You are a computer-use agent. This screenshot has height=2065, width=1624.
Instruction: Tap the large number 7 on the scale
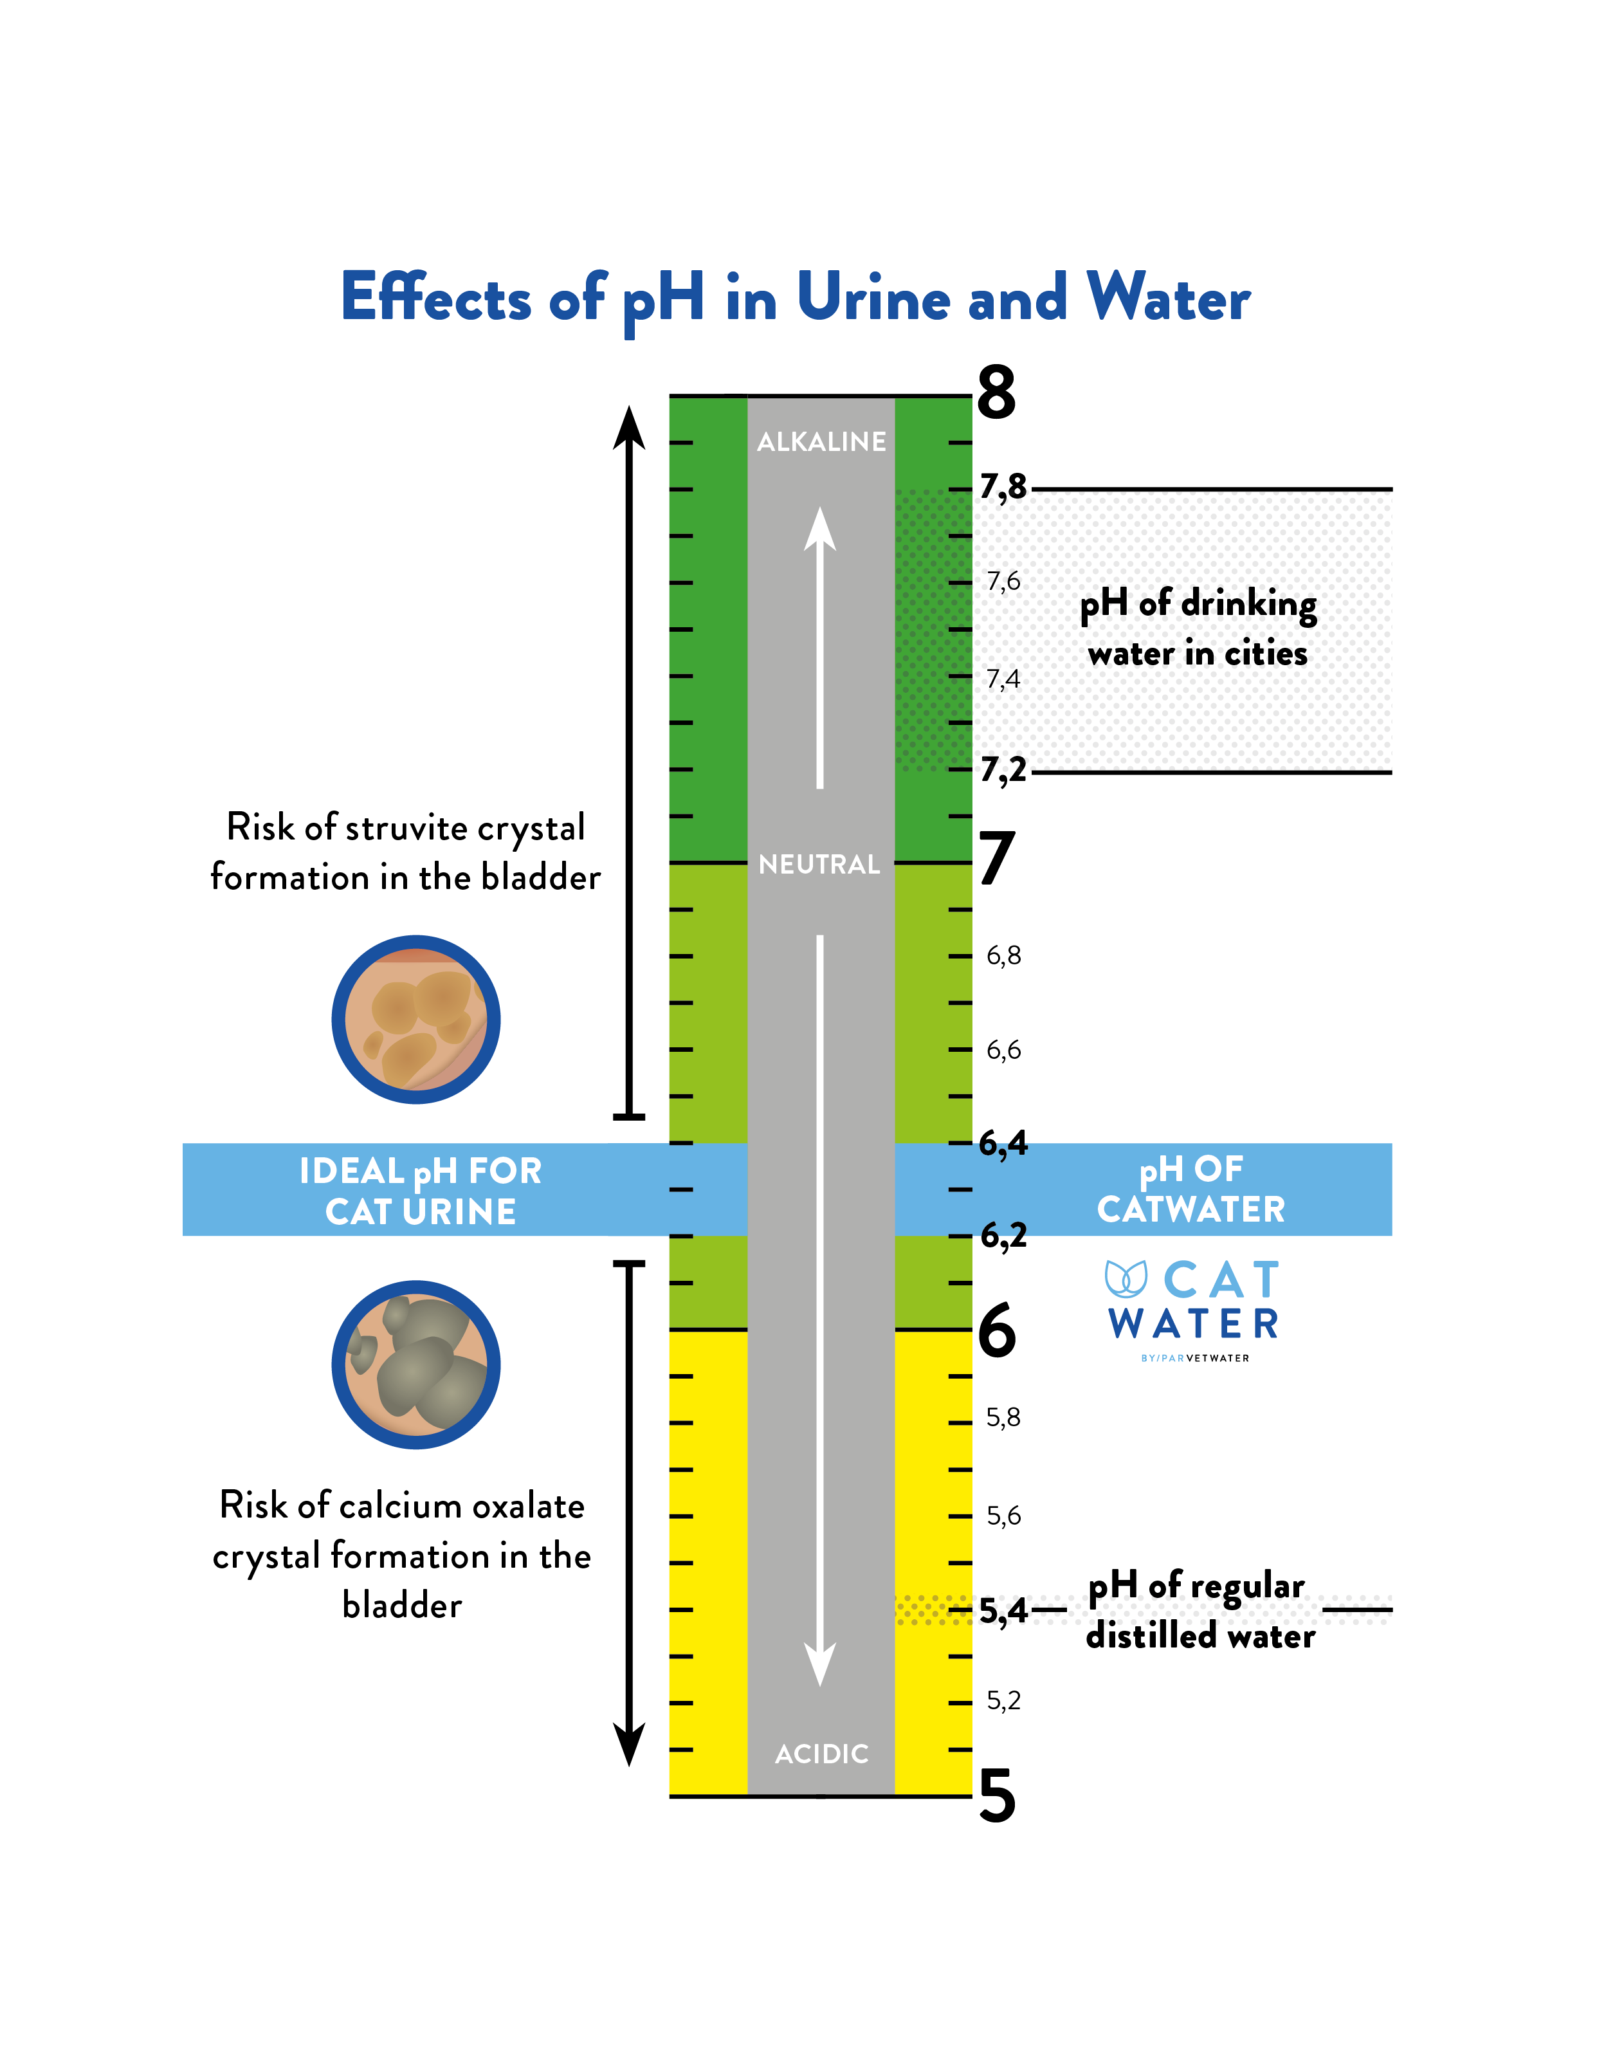tap(996, 858)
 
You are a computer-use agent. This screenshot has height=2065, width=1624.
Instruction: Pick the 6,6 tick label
tap(1003, 1050)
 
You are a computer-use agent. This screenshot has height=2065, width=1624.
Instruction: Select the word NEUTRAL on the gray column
tap(819, 865)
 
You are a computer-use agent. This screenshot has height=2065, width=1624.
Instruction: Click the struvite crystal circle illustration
tap(415, 1019)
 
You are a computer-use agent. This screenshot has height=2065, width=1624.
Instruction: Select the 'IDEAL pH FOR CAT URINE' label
tap(420, 1190)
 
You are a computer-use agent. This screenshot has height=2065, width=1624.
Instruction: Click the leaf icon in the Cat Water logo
tap(1127, 1280)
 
